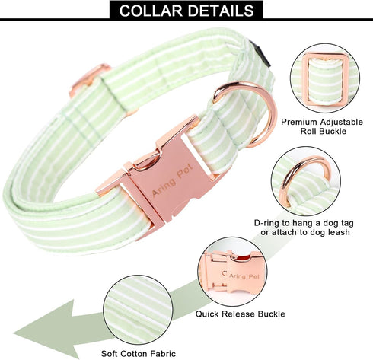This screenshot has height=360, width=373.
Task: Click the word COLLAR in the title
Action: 151,11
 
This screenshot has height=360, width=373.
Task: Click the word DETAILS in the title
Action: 221,11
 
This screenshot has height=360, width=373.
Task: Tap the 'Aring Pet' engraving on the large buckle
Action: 172,180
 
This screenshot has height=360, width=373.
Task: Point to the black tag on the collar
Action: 261,54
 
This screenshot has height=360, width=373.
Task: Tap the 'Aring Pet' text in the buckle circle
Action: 244,276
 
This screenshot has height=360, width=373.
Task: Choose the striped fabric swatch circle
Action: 138,310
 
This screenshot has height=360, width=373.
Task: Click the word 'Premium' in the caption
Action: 299,122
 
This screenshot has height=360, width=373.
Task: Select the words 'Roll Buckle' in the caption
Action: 324,131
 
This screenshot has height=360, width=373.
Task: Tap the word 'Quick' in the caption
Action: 207,314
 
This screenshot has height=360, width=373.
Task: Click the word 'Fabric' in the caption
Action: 163,354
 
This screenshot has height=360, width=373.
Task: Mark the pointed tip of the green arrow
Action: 14,333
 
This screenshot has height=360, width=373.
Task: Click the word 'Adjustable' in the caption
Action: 341,123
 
